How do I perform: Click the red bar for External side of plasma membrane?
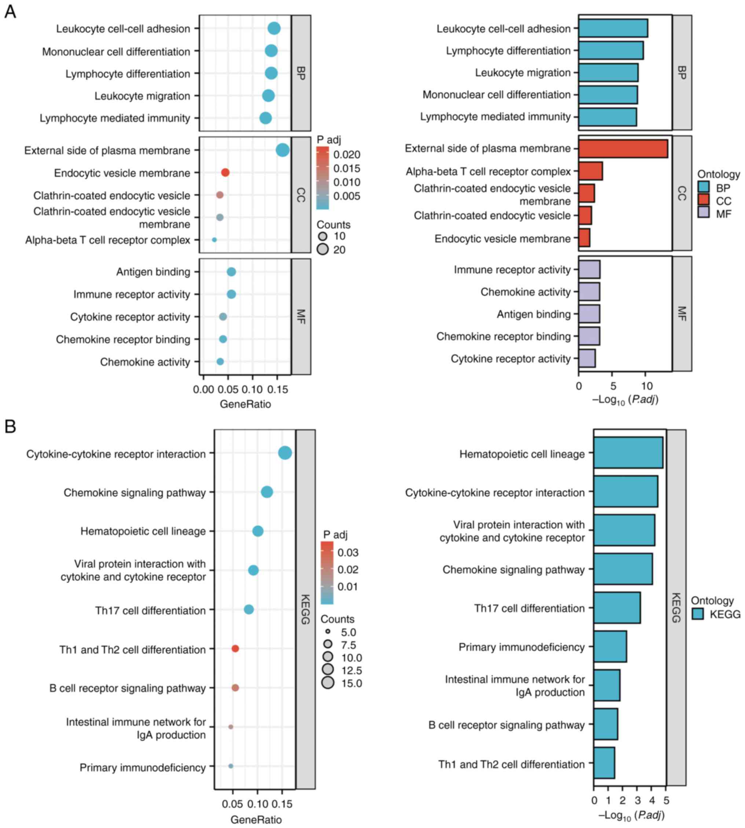pos(623,149)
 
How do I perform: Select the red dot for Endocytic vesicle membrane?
pos(225,173)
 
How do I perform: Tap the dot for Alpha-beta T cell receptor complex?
pos(214,240)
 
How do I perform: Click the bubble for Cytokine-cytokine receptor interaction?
pos(285,453)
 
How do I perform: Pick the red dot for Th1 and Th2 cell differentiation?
pos(235,649)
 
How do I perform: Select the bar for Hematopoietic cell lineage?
pos(628,453)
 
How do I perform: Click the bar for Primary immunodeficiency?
pos(610,646)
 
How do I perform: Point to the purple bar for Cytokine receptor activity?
pos(587,358)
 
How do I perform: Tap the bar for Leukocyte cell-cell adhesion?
pos(613,28)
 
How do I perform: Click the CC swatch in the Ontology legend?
pos(704,200)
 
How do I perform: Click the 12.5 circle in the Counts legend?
pos(328,670)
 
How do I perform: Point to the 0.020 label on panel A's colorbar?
pos(346,155)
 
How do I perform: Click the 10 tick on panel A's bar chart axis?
pos(646,386)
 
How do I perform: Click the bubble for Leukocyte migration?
pos(268,96)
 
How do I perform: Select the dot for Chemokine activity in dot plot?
pos(220,362)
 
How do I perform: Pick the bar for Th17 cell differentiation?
pos(617,608)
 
